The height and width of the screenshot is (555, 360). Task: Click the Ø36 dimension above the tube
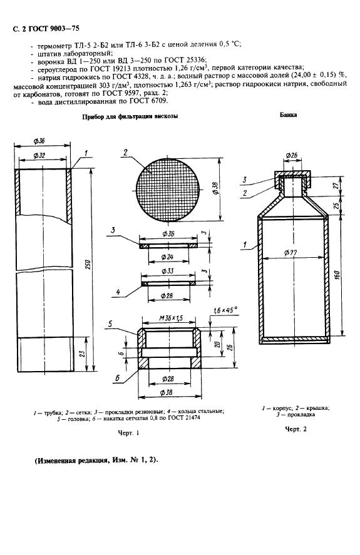(39, 141)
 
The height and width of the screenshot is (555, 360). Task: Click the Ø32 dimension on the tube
(39, 155)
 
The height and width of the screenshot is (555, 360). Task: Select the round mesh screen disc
(168, 190)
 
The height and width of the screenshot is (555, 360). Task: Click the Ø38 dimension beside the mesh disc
(215, 187)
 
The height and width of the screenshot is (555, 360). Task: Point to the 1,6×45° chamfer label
(225, 310)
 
